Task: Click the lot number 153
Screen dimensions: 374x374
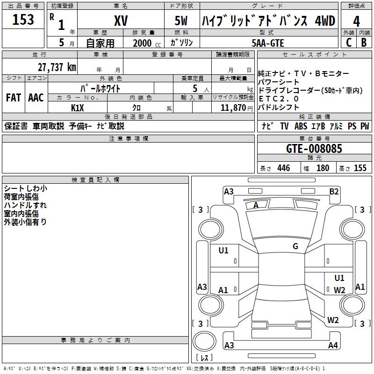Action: pyautogui.click(x=23, y=19)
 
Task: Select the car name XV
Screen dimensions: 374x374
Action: pyautogui.click(x=121, y=21)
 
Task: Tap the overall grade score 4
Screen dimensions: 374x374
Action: pyautogui.click(x=356, y=22)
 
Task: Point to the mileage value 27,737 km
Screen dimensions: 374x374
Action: pyautogui.click(x=57, y=67)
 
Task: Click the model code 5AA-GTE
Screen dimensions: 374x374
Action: pyautogui.click(x=268, y=43)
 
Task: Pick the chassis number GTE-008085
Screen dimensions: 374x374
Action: pyautogui.click(x=314, y=149)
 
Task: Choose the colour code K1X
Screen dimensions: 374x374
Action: pyautogui.click(x=78, y=108)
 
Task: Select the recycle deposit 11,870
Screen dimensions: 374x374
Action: pyautogui.click(x=233, y=108)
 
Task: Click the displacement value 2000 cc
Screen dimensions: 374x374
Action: pyautogui.click(x=147, y=43)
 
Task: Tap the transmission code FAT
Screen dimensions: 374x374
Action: pyautogui.click(x=14, y=98)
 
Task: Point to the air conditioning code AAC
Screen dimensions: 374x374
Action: pyautogui.click(x=36, y=98)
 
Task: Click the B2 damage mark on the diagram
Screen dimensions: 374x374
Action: pyautogui.click(x=334, y=192)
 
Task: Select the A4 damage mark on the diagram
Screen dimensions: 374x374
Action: pyautogui.click(x=333, y=345)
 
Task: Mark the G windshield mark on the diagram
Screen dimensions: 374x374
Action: pyautogui.click(x=295, y=246)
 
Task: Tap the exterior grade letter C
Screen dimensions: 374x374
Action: pyautogui.click(x=349, y=43)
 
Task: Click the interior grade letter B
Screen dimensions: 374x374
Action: pyautogui.click(x=364, y=43)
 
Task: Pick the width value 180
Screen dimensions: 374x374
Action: pyautogui.click(x=323, y=168)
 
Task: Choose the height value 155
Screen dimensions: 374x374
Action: pyautogui.click(x=360, y=168)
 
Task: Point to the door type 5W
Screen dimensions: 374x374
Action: pyautogui.click(x=181, y=21)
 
